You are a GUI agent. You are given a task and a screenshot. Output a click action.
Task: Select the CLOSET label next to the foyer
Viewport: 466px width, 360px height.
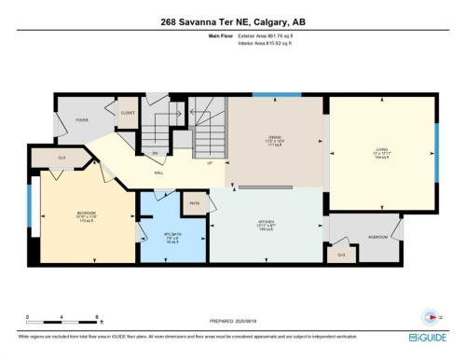tap(128, 113)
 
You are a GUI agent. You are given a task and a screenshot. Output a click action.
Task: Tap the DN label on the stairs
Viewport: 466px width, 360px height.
tap(156, 153)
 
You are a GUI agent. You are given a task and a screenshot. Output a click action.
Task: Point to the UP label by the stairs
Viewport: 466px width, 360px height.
tap(210, 163)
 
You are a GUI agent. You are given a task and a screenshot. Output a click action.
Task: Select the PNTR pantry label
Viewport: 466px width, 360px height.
tap(196, 202)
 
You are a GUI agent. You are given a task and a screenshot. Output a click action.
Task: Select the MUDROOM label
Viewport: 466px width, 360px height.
tap(377, 237)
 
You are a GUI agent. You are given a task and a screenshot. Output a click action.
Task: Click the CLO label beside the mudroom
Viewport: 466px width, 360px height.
tap(341, 253)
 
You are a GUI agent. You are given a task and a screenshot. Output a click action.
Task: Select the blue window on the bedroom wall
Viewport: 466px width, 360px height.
tap(29, 220)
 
